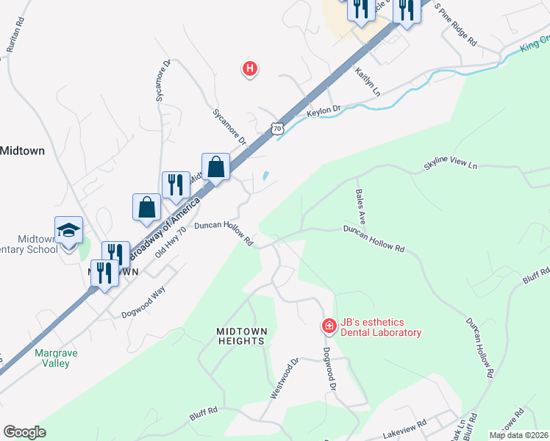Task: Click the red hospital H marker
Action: [250, 69]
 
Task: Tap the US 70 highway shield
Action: [276, 128]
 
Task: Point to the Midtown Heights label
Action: [240, 336]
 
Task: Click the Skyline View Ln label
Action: [450, 165]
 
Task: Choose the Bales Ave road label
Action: [361, 206]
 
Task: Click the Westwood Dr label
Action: [284, 378]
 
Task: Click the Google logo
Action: [24, 432]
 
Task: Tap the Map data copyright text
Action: [518, 435]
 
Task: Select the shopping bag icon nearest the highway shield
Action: [217, 167]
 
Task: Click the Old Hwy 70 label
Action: [171, 243]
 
